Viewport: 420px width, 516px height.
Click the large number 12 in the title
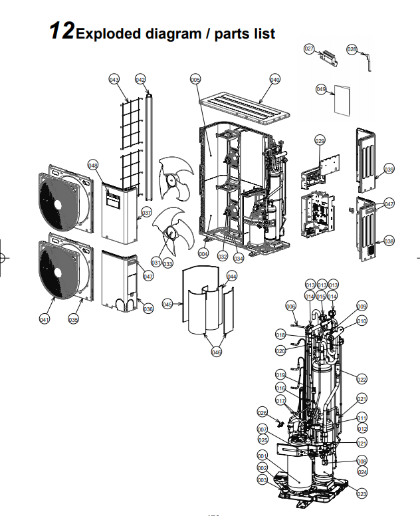pos(61,31)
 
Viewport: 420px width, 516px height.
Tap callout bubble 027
pos(309,49)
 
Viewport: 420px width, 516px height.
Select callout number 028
pos(352,49)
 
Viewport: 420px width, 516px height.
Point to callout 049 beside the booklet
pos(322,88)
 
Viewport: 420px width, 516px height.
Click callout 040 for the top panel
pos(274,80)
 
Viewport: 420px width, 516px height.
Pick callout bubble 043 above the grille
pos(114,80)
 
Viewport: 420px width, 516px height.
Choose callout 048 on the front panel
pos(92,165)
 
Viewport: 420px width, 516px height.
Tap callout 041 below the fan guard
pos(45,320)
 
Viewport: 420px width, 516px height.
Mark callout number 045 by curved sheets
pos(167,304)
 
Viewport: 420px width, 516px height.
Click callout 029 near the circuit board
pos(320,141)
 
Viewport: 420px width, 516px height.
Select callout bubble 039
pos(389,170)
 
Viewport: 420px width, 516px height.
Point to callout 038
pos(389,241)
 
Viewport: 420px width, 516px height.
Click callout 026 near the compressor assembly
pos(262,412)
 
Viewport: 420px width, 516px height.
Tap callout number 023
pos(362,493)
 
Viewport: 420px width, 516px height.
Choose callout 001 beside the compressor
pos(262,455)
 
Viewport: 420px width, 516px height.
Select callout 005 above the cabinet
pos(195,80)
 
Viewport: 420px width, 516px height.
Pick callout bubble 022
pos(362,379)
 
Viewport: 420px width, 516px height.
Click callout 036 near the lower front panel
pos(148,309)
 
